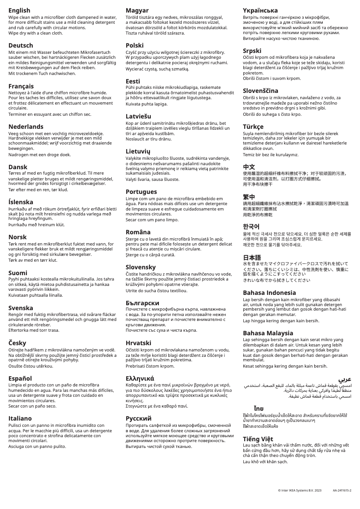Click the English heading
coord(19,10)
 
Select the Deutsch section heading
coord(21,46)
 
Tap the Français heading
coord(21,86)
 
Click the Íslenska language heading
coord(21,202)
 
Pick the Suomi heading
coord(18,273)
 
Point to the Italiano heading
coord(20,418)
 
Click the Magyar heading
coord(137,10)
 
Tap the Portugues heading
coord(141,192)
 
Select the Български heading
coord(142,303)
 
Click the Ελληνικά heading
coord(140,378)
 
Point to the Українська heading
coord(260,10)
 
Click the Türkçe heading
coord(254,127)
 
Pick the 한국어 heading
coord(251,226)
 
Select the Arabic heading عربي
coord(345,379)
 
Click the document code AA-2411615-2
coord(342,491)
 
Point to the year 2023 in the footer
coord(317,491)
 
